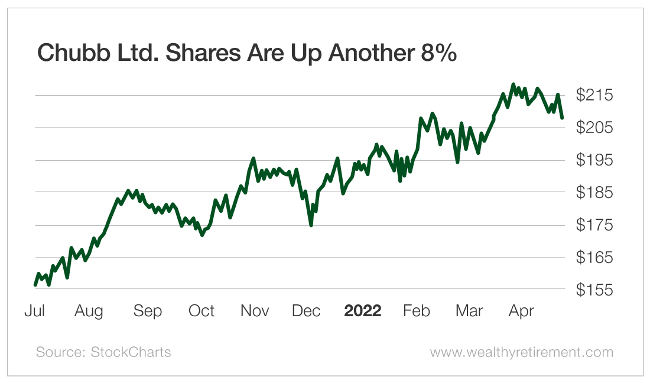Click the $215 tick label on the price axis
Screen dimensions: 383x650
coord(595,95)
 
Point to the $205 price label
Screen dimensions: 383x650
coord(595,128)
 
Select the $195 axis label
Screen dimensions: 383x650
coord(595,160)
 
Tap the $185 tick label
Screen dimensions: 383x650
coord(595,193)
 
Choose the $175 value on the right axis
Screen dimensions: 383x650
coord(595,225)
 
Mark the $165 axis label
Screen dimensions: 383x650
coord(595,258)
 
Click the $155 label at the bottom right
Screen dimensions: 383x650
coord(595,290)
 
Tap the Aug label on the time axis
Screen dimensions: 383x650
coord(88,311)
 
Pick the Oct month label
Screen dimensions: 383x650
coord(201,311)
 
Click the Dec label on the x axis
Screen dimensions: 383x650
coord(307,311)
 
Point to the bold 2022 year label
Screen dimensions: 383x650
coord(363,311)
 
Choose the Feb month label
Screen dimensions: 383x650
coord(417,311)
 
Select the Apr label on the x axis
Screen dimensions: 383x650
coord(522,311)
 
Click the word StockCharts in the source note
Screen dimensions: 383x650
coord(131,352)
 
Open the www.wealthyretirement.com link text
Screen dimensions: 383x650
coord(521,352)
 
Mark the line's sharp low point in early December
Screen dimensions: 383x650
coord(311,225)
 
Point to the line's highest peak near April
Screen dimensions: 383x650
coord(513,85)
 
